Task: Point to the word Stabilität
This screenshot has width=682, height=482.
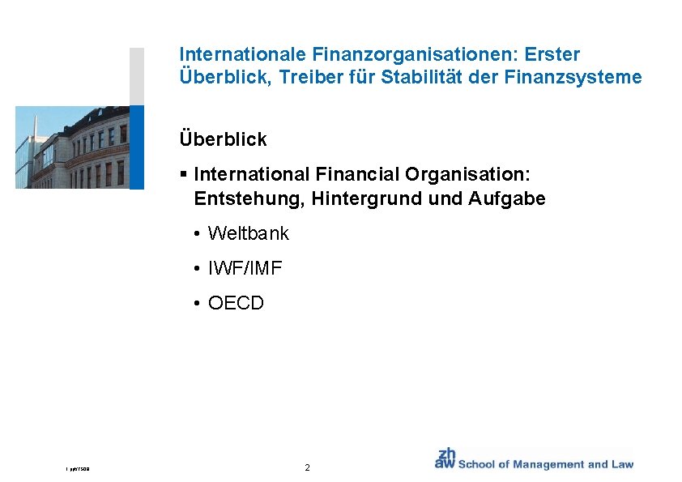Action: [425, 79]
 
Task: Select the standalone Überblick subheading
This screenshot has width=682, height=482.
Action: [223, 139]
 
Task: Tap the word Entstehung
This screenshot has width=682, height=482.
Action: [244, 198]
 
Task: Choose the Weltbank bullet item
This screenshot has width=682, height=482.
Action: [248, 234]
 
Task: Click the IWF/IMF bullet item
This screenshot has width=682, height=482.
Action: [245, 269]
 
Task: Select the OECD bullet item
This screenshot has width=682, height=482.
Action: [236, 304]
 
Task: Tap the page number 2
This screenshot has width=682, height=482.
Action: [307, 468]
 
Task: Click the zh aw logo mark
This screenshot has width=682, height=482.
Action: [445, 459]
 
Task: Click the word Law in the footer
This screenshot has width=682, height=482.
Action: [622, 464]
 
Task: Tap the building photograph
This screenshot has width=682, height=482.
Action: [72, 147]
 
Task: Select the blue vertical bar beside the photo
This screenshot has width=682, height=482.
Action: [137, 147]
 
